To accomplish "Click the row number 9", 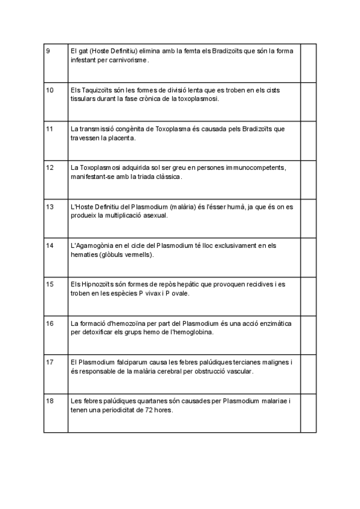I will point(48,51).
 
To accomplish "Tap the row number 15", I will point(50,284).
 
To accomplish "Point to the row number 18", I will point(50,400).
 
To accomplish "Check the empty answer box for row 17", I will point(308,374).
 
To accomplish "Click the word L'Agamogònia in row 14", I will point(91,245).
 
